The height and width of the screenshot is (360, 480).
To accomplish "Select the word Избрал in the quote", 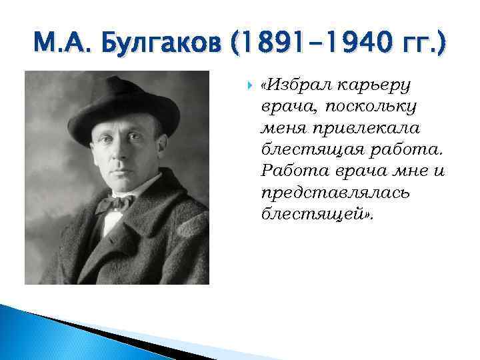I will (x=292, y=86).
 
